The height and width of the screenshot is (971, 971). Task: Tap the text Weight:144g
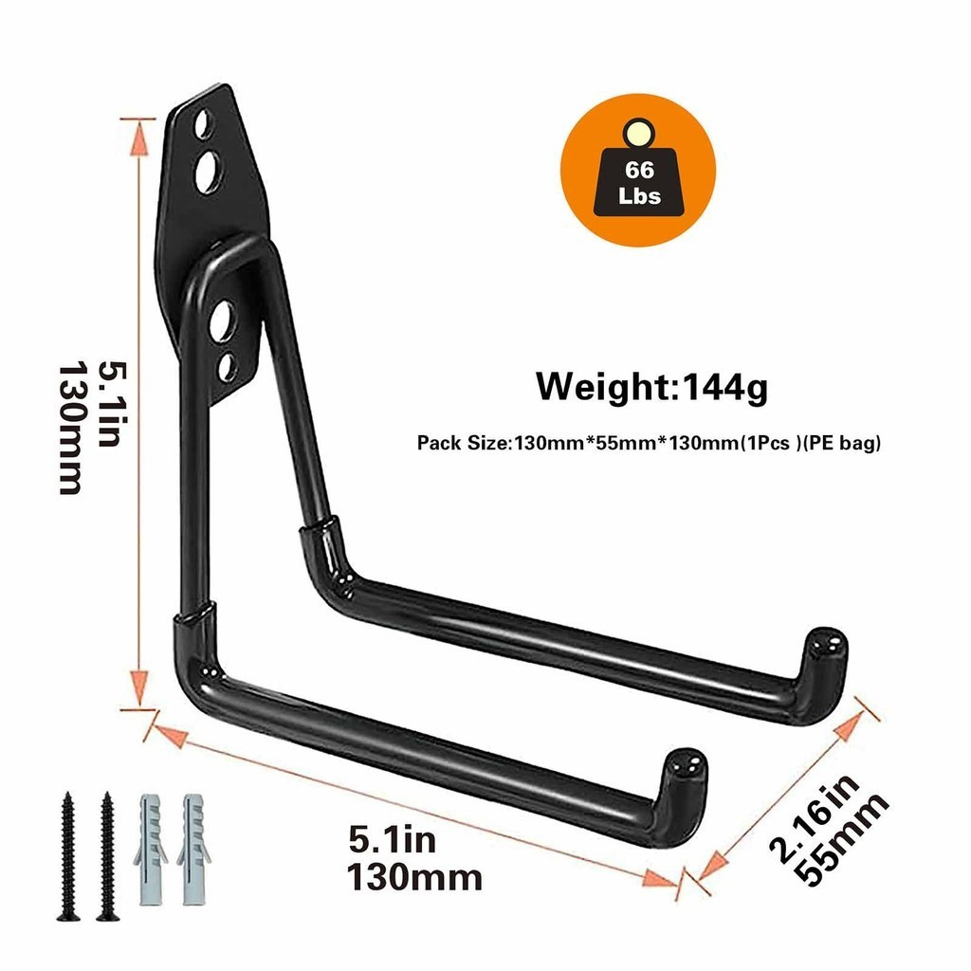click(652, 387)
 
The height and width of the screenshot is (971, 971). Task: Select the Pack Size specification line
click(649, 443)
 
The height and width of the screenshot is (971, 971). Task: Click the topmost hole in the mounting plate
click(203, 124)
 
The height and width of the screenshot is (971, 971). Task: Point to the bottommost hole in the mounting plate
click(228, 368)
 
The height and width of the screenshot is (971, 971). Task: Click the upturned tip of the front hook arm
click(687, 770)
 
